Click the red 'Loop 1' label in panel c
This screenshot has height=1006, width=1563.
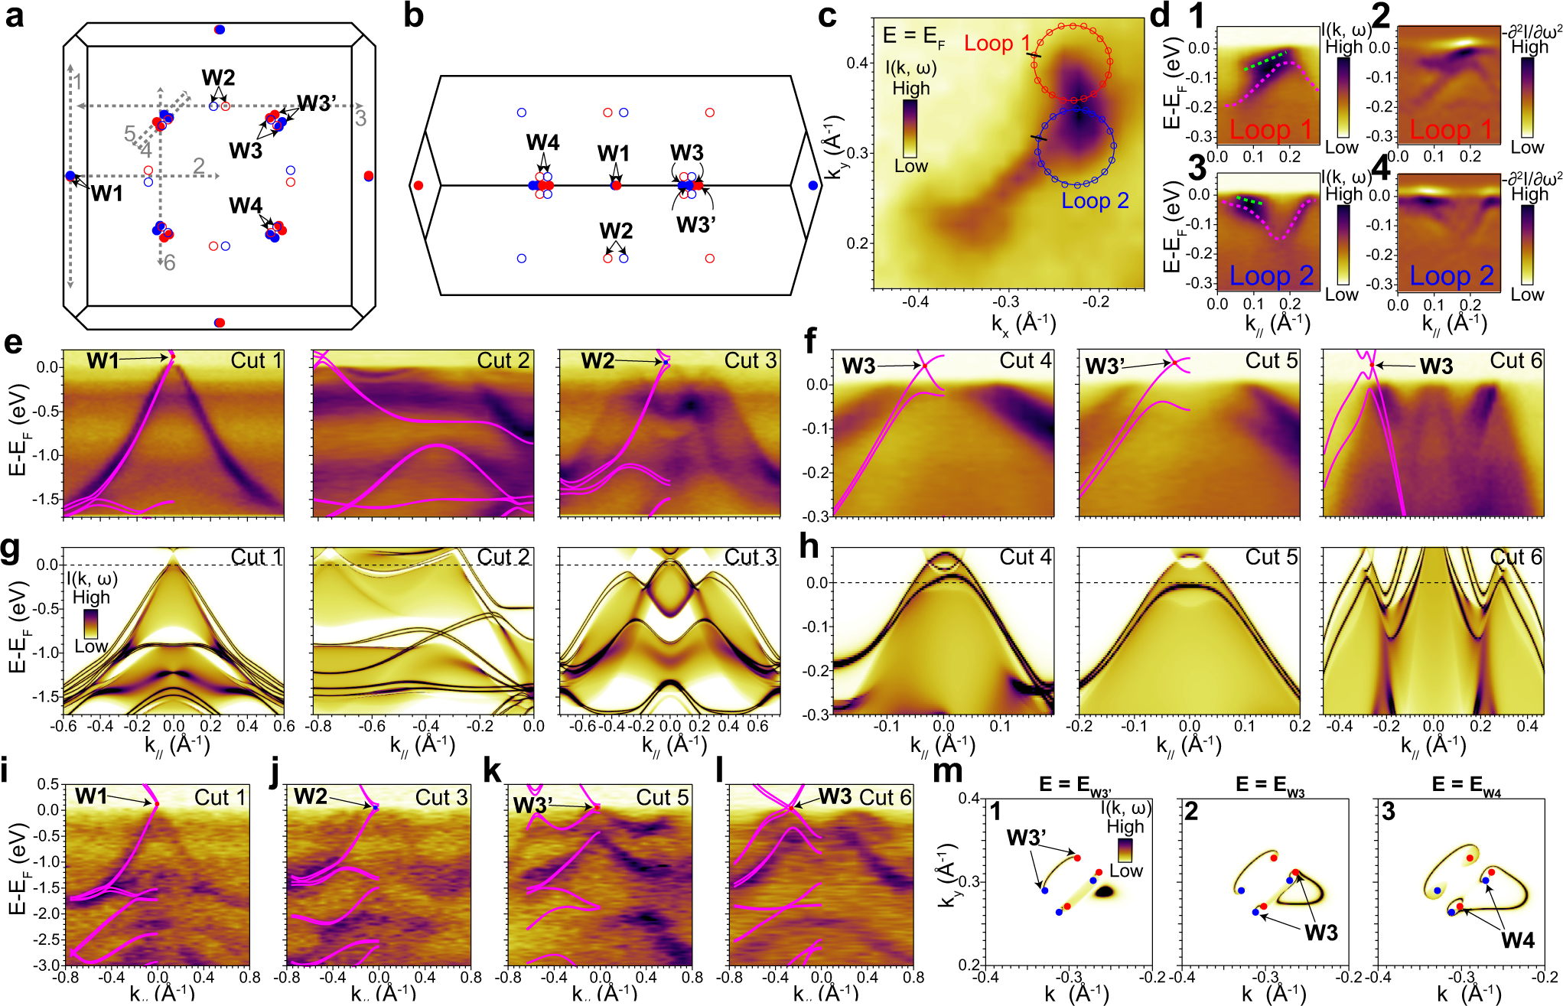coord(996,44)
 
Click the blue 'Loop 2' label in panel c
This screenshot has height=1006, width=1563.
coord(1094,201)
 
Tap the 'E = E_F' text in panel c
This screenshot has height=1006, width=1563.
coord(913,36)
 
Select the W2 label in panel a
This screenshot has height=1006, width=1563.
coord(218,77)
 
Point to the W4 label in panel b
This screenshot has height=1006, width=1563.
coord(542,143)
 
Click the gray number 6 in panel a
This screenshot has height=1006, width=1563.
coord(170,263)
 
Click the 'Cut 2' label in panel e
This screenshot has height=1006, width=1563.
coord(503,360)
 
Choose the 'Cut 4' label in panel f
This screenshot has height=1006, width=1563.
coord(1025,360)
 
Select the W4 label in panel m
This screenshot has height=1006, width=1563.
coord(1518,940)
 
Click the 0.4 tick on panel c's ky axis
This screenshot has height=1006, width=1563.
coord(857,63)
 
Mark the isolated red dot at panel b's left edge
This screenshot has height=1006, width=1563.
coord(418,185)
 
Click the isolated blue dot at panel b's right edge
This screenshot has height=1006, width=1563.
coord(812,185)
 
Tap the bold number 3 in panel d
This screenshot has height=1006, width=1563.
coord(1197,168)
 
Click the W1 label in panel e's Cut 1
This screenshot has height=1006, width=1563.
coord(102,360)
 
